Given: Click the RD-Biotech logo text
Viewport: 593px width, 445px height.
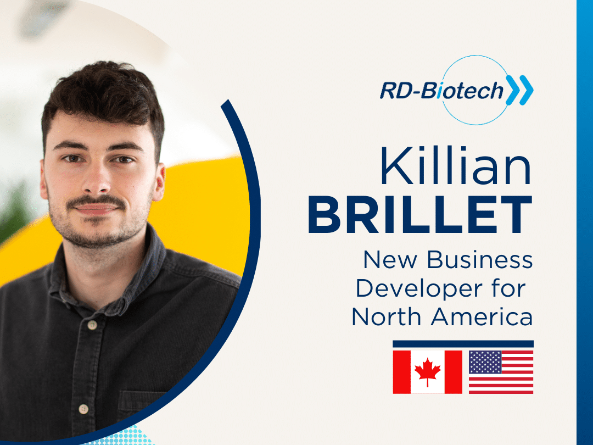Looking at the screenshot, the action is (x=441, y=91).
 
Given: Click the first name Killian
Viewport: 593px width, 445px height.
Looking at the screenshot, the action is (x=456, y=166).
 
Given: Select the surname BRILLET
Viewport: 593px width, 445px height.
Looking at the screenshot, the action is (x=420, y=215).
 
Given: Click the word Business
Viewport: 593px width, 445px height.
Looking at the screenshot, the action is (x=480, y=260).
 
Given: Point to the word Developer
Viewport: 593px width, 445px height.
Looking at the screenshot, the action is (x=419, y=290).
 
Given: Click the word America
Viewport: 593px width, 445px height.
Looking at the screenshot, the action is (x=482, y=317).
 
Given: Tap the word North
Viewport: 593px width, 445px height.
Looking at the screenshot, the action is (x=386, y=317).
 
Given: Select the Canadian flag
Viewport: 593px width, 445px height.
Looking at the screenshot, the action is (x=427, y=372).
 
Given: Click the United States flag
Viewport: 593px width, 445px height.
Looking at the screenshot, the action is (x=501, y=372).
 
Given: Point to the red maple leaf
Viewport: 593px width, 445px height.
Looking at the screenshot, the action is (x=427, y=371).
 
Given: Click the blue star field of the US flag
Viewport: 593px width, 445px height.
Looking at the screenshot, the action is (x=485, y=362).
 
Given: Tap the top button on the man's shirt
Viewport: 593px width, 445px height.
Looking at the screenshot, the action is (x=92, y=325).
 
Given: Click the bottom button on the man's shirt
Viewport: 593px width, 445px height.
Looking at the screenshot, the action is (x=83, y=409).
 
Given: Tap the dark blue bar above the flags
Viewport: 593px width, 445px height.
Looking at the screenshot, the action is (x=463, y=344).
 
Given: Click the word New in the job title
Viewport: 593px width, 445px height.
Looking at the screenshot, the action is (x=390, y=260).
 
